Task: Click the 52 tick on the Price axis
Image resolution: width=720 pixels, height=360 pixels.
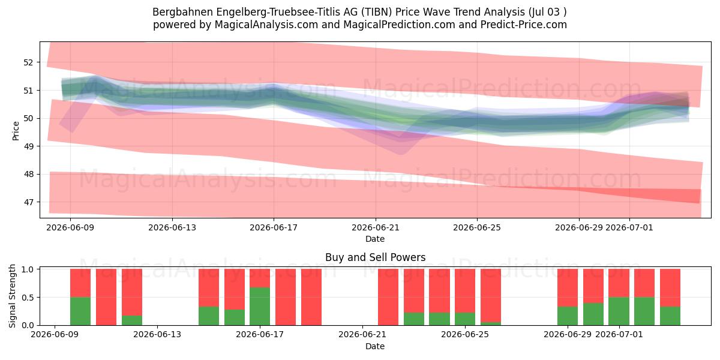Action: click(28, 62)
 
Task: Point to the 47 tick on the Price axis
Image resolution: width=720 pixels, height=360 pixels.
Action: click(28, 203)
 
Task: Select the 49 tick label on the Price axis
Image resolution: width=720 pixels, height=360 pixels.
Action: click(28, 146)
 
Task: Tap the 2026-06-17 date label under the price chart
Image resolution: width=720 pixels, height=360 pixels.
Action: click(274, 228)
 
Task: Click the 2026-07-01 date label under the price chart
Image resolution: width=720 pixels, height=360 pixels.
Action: click(629, 228)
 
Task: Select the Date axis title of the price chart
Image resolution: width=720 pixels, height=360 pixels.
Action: click(375, 239)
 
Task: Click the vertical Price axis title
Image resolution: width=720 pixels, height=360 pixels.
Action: click(16, 131)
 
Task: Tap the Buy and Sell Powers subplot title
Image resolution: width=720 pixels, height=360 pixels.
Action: click(375, 257)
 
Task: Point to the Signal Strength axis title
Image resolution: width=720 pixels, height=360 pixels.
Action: click(12, 296)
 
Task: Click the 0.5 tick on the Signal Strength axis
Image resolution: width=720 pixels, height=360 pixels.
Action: click(28, 298)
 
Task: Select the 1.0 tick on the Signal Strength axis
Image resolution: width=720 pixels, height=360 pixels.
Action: click(28, 269)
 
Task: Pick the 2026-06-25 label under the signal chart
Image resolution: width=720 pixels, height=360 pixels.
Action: click(465, 335)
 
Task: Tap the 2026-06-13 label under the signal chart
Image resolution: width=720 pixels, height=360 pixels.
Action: click(157, 335)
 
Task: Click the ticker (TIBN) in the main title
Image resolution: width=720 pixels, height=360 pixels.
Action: click(376, 12)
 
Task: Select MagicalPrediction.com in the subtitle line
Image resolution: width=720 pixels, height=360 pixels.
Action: click(399, 25)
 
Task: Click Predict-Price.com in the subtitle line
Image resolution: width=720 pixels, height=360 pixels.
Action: click(524, 25)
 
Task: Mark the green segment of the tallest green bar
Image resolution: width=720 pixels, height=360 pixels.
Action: click(260, 307)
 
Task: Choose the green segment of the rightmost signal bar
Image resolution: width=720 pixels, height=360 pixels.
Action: click(670, 316)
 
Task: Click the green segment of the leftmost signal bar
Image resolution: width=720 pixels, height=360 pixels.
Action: click(80, 311)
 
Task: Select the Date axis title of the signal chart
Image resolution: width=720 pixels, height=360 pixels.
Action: click(375, 346)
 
